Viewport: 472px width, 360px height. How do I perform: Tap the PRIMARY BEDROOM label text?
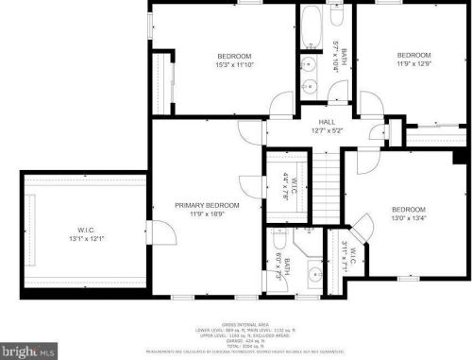pos(207,205)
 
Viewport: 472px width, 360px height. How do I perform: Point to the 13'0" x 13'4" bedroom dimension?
pos(409,218)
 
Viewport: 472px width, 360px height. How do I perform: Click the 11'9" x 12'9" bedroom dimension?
pos(413,64)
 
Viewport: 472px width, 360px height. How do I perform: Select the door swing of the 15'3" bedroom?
pos(280,104)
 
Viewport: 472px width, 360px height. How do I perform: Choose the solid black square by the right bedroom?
pos(460,155)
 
